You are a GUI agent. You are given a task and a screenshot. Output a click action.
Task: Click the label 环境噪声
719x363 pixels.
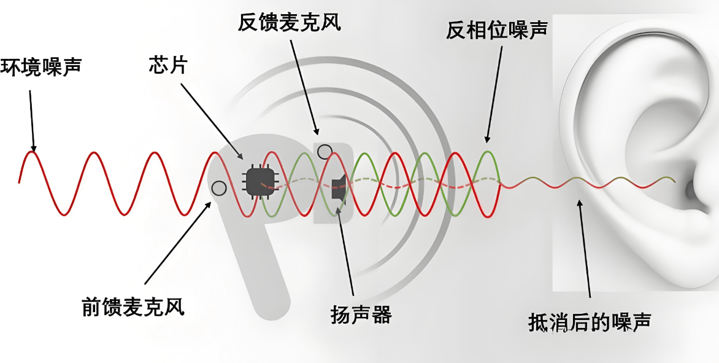[x=41, y=66]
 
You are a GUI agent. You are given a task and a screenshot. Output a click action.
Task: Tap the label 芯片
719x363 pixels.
[x=167, y=64]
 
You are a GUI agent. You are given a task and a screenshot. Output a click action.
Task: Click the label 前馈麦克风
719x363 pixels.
[x=133, y=306]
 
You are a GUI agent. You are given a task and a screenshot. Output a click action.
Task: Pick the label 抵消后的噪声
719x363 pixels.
[x=589, y=322]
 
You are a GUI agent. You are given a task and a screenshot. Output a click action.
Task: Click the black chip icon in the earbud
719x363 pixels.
[x=258, y=181]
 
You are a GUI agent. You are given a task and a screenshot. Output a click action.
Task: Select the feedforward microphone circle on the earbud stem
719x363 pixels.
[x=217, y=187]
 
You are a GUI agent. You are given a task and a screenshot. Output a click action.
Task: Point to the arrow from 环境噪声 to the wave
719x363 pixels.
[x=31, y=120]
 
